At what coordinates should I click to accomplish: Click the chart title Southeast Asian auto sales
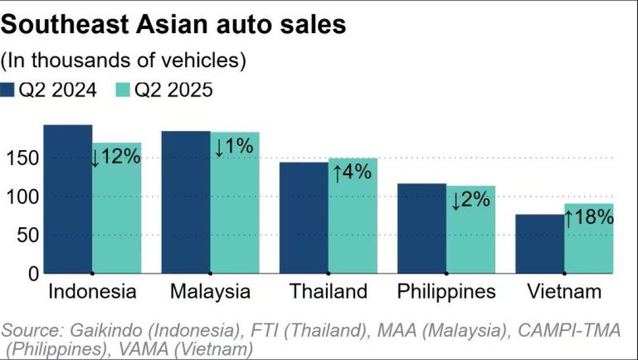tap(174, 26)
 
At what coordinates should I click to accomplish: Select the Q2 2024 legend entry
tap(49, 90)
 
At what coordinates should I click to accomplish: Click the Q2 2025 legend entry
tap(165, 90)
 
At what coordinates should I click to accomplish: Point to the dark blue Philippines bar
tap(422, 228)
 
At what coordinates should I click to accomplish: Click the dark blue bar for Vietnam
tap(540, 243)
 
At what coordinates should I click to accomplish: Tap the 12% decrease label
tap(116, 157)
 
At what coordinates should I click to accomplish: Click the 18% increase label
tap(589, 218)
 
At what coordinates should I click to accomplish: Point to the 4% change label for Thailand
tap(351, 172)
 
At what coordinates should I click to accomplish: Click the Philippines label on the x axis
tap(447, 291)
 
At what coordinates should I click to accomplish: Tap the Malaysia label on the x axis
tap(211, 291)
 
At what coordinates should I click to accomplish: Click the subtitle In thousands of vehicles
tap(123, 60)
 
